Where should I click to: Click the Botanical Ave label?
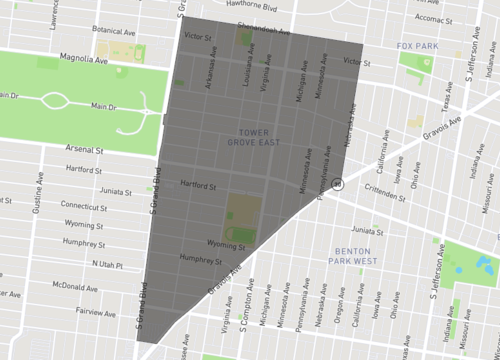pyautogui.click(x=112, y=31)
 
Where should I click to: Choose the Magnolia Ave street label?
pyautogui.click(x=83, y=59)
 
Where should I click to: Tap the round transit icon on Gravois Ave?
pyautogui.click(x=338, y=184)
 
